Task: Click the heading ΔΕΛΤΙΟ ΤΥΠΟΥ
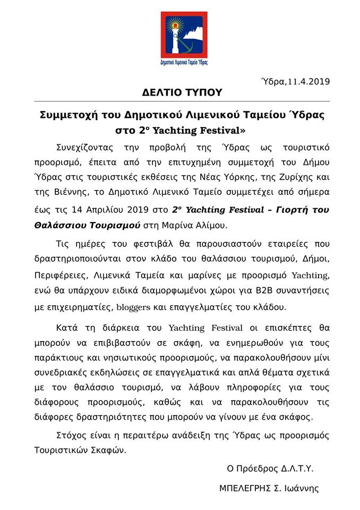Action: (x=182, y=92)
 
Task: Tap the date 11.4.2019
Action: (x=308, y=81)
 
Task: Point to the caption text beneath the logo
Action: (x=184, y=62)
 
